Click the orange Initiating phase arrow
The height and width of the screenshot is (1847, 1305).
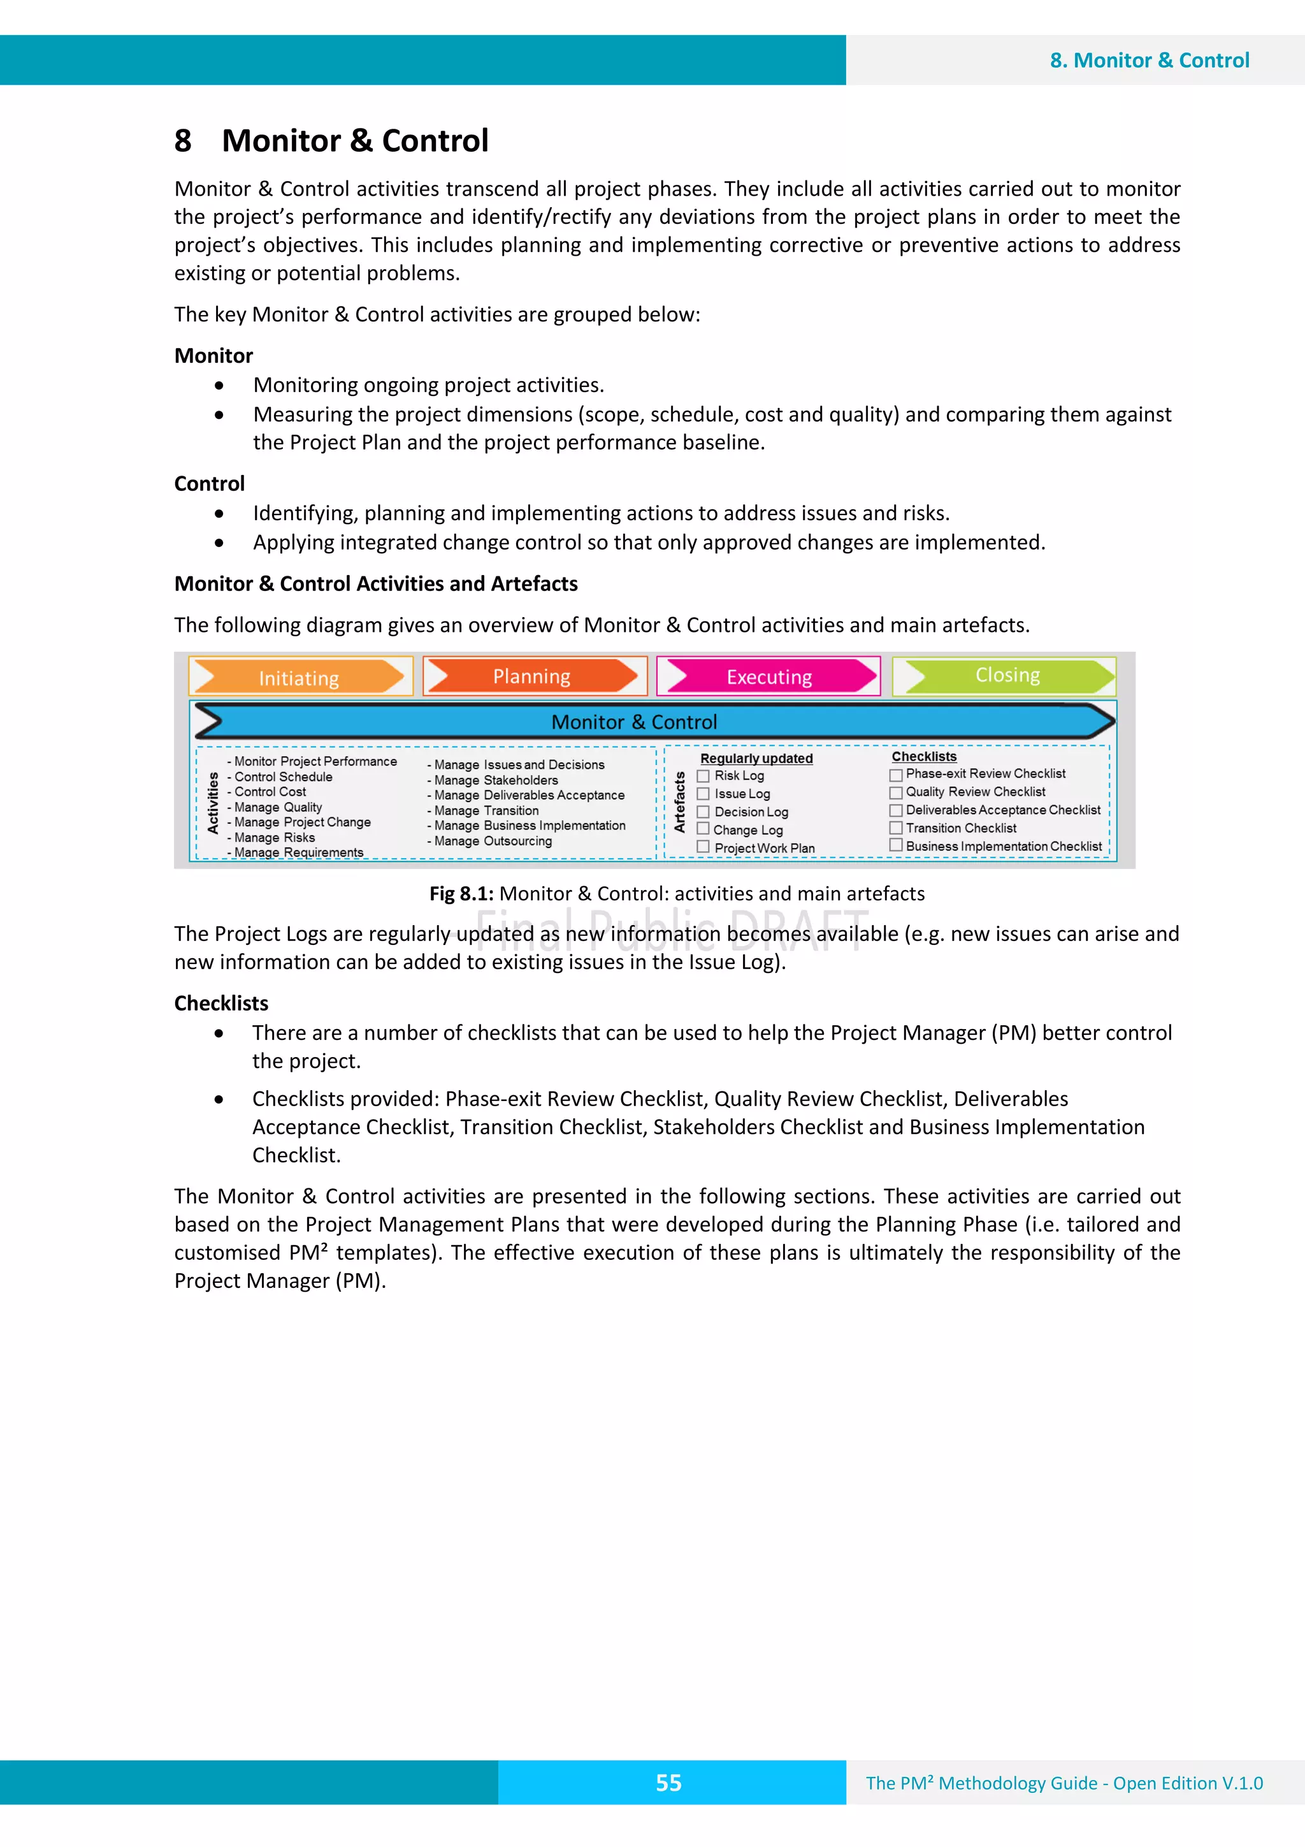click(x=299, y=676)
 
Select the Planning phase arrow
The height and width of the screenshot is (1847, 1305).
click(x=532, y=676)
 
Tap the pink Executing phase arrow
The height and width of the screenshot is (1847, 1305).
click(x=770, y=676)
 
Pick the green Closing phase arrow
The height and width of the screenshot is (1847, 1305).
click(x=1007, y=675)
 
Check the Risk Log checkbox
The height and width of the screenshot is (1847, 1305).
click(x=703, y=775)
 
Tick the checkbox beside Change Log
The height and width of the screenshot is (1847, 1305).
click(x=703, y=829)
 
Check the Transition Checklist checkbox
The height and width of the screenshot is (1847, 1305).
click(x=896, y=827)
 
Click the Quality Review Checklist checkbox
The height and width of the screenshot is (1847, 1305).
click(x=896, y=792)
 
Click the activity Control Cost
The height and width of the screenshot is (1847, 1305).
click(x=270, y=792)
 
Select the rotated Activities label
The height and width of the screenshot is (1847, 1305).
click(x=213, y=802)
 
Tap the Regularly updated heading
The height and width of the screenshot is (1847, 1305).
click(x=756, y=759)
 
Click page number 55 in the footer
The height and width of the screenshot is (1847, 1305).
click(x=668, y=1783)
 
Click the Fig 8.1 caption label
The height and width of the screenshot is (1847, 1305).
click(x=461, y=893)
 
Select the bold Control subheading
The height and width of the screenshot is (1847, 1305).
click(x=209, y=483)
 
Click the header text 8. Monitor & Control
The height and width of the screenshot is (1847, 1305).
click(x=1149, y=61)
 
